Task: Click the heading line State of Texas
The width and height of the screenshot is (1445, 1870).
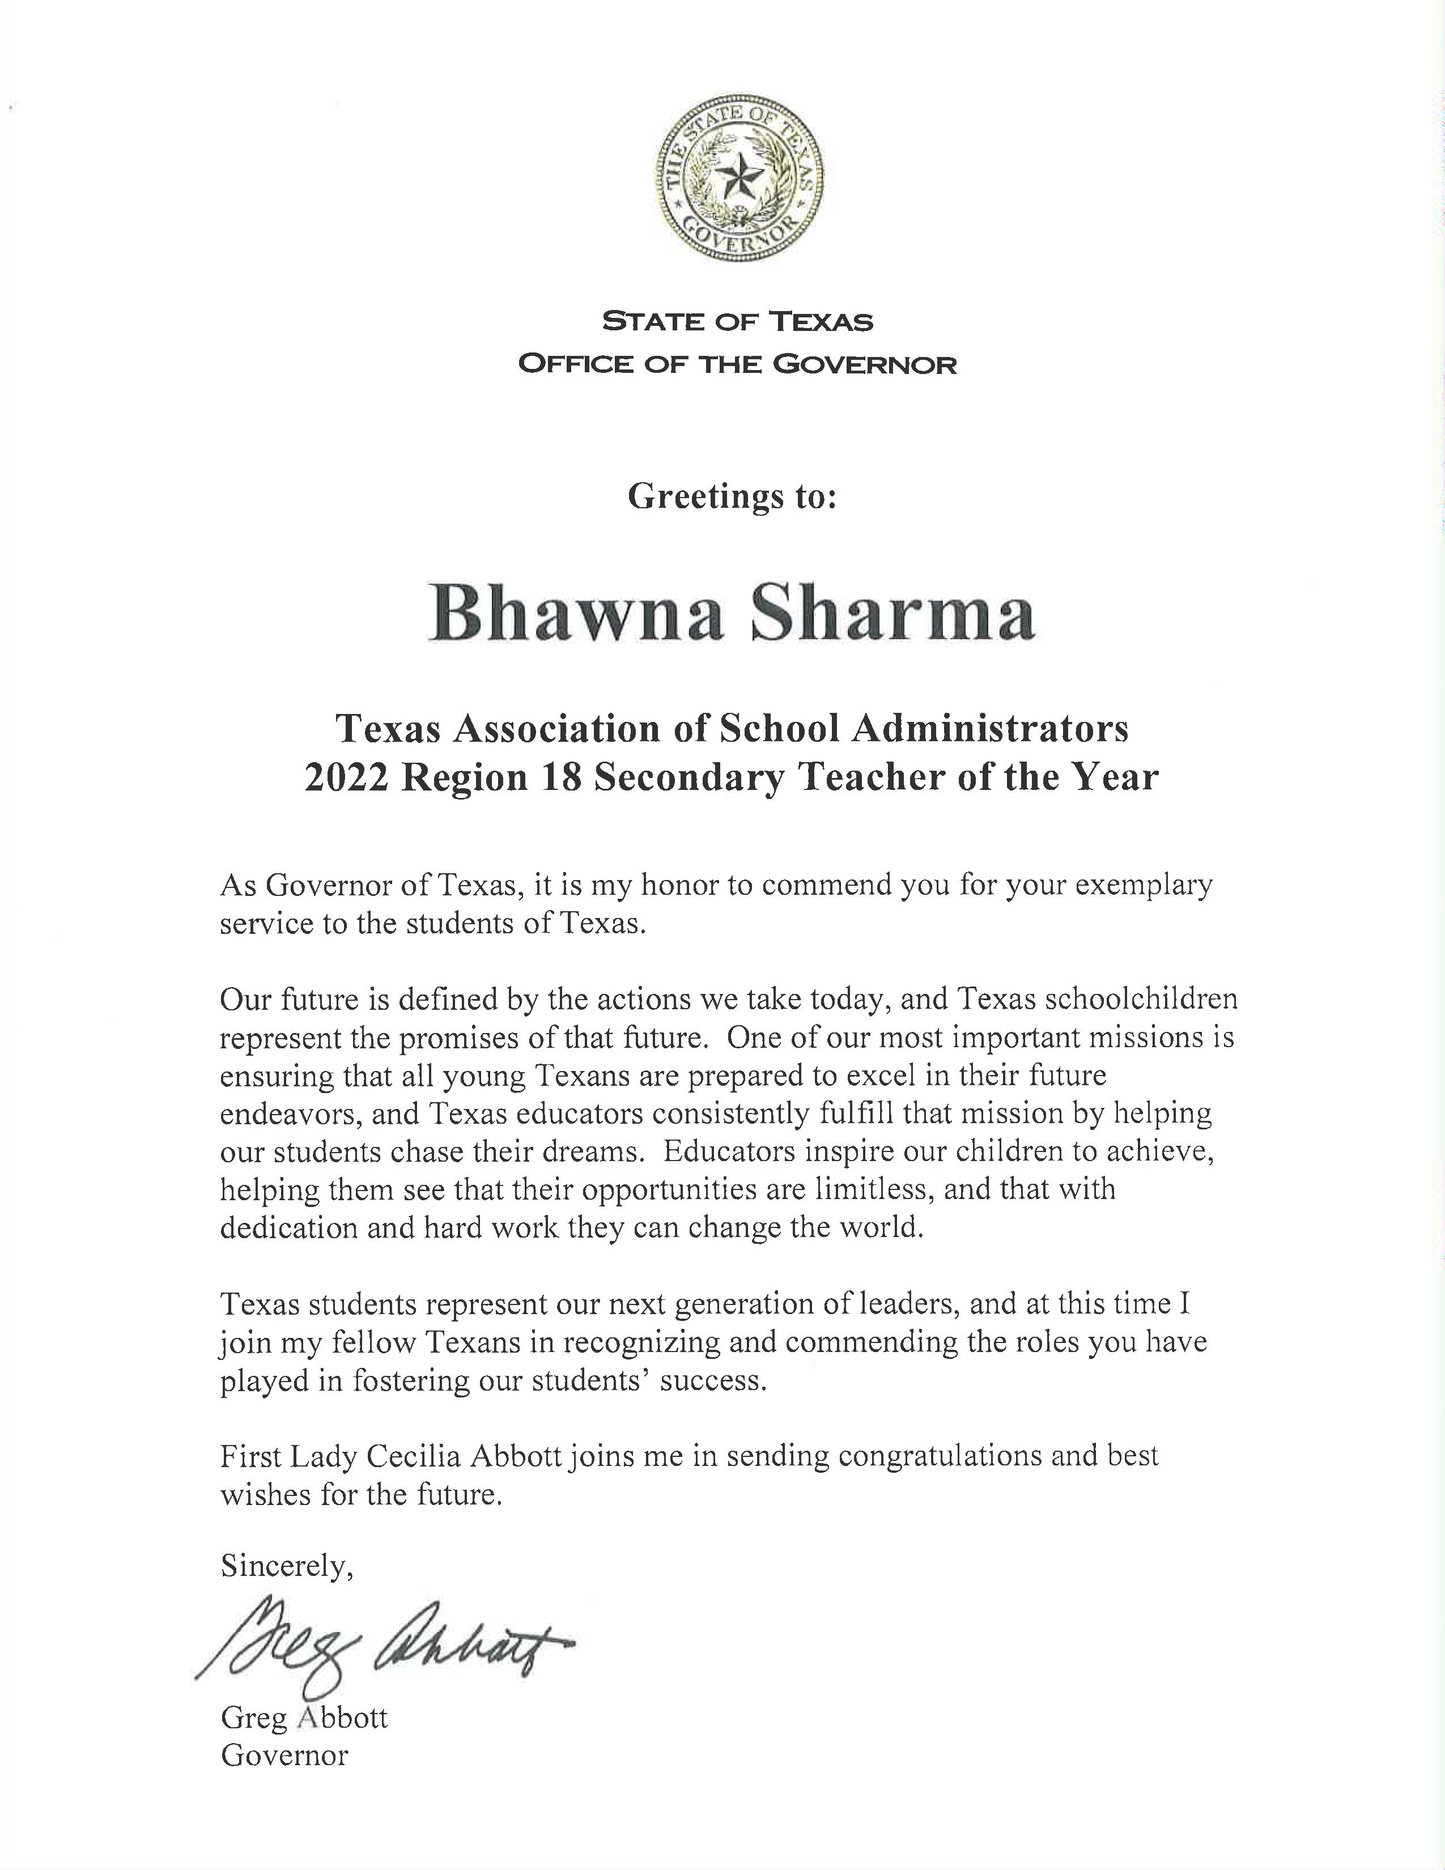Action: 737,322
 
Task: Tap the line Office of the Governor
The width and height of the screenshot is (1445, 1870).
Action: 737,365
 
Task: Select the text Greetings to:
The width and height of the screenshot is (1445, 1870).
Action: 732,496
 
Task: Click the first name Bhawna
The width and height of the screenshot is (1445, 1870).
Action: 576,615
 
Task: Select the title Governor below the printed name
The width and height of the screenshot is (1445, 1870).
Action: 284,1756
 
